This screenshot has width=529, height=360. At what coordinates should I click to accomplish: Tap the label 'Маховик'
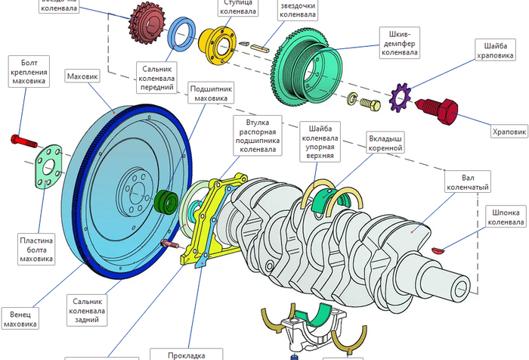(x=82, y=77)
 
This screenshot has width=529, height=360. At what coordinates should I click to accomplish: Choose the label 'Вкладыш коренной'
(x=385, y=144)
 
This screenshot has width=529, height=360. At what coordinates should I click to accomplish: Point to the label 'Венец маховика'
(x=20, y=318)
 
